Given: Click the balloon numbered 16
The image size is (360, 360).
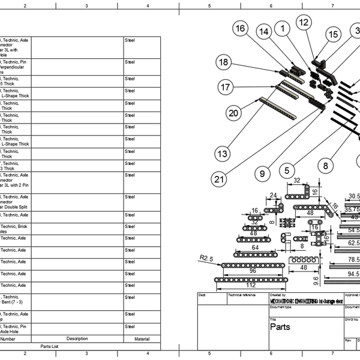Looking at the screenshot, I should point(241,29).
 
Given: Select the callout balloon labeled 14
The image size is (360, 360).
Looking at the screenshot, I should point(263,31).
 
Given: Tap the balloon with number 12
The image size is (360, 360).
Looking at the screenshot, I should point(304,22).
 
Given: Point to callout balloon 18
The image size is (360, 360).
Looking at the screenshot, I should point(224,62).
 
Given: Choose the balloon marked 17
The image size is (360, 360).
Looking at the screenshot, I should point(226,88).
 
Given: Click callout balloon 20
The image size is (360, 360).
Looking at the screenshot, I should point(234,112).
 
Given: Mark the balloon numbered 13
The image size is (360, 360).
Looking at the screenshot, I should point(223,154).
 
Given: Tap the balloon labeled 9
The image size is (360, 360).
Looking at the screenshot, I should point(262,173).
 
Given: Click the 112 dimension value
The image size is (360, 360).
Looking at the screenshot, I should point(250,285).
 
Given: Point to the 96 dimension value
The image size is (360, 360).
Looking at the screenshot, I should point(252,271).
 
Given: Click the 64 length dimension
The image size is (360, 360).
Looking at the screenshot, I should point(255,247).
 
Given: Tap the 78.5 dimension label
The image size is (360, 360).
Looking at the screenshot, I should point(354,259).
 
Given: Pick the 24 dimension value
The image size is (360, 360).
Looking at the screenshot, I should point(274,195).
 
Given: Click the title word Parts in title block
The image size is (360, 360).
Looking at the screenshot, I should point(280,327).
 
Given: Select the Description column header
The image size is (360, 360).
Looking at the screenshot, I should point(77,339).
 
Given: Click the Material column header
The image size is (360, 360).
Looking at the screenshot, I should point(142,339).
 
